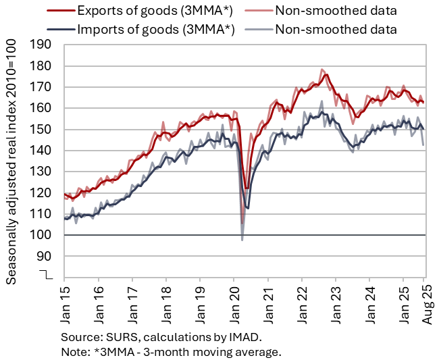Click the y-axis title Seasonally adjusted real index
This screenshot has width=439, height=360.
pos(12,161)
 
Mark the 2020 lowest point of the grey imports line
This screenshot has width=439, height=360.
pos(242,240)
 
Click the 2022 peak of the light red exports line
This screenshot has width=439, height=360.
pos(322,69)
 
